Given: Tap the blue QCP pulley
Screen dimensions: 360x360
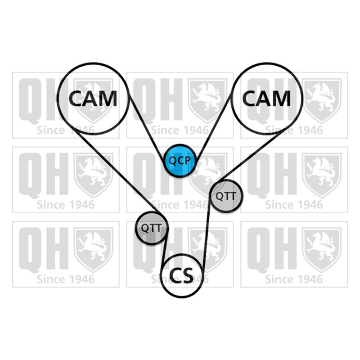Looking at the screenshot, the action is tap(180, 161).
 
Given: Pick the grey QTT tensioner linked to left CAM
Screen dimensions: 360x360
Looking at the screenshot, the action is tap(152, 228).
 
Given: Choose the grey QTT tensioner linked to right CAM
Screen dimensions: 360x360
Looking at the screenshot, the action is tap(226, 196).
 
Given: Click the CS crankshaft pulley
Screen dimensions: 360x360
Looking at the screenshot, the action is tap(182, 275).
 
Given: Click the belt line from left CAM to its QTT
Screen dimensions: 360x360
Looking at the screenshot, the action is tap(117, 171).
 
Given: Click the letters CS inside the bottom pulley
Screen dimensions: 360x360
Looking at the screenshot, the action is tap(181, 275).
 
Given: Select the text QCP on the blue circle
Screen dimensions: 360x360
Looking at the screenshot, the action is tap(180, 161).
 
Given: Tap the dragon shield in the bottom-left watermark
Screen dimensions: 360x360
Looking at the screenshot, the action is tap(93, 250).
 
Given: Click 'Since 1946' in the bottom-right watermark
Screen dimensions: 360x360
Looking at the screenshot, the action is tap(294, 279).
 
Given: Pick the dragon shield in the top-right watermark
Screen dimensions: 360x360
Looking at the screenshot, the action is tap(321, 101).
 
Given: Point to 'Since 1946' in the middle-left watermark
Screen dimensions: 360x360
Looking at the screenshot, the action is tap(66, 205).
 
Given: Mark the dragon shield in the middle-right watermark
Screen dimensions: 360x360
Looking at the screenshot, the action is tap(321, 175).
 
